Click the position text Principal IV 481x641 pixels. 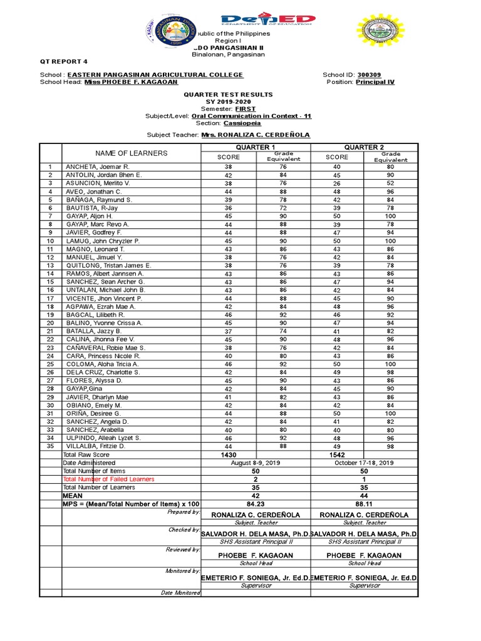pyautogui.click(x=375, y=82)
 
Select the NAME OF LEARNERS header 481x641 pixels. pyautogui.click(x=131, y=153)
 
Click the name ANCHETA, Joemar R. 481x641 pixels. pyautogui.click(x=97, y=167)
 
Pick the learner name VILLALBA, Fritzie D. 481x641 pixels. pyautogui.click(x=96, y=446)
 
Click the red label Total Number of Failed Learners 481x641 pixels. pyautogui.click(x=110, y=479)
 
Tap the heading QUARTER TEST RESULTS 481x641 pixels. pyautogui.click(x=227, y=93)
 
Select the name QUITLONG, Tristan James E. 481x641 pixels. pyautogui.click(x=108, y=265)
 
